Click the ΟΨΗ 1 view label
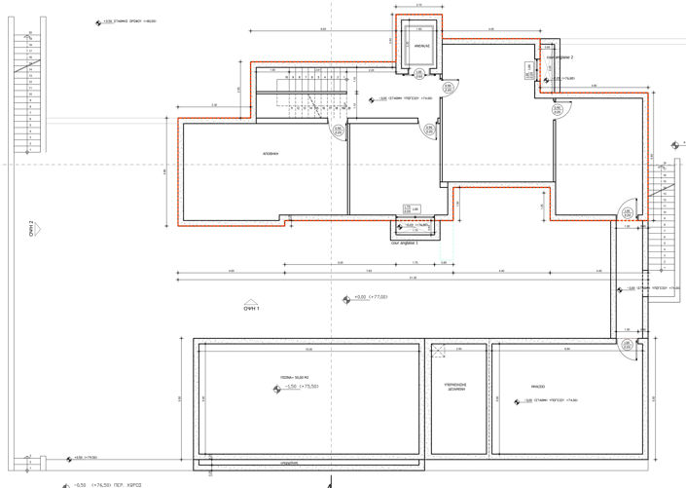tap(255, 307)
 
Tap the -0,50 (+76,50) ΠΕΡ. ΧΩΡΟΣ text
tap(97, 482)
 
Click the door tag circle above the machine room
tap(627, 345)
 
